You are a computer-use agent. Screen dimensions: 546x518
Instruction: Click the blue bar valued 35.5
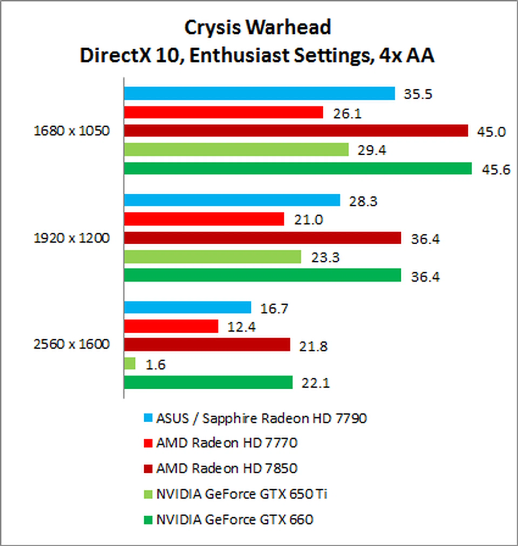coord(259,93)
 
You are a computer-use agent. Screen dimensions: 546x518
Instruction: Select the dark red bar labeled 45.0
coord(296,131)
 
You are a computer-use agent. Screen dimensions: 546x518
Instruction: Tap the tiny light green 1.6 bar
coord(130,363)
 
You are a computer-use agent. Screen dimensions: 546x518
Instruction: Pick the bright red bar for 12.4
coord(171,326)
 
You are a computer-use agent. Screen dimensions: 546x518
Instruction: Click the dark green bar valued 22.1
coord(208,382)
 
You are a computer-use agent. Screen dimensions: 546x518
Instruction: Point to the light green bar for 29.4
coord(236,150)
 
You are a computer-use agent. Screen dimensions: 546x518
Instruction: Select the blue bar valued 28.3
coord(232,200)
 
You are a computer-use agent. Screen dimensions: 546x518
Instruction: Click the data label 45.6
coord(496,170)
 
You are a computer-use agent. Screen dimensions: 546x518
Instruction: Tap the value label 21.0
coord(308,220)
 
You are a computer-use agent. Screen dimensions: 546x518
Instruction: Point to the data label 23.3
coord(325,258)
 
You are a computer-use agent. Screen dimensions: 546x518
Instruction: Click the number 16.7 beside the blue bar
coord(274,308)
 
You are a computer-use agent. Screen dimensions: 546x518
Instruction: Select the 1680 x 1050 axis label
coord(71,131)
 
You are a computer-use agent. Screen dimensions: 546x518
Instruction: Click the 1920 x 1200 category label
coord(71,238)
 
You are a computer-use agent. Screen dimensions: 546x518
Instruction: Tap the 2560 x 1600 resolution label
coord(71,345)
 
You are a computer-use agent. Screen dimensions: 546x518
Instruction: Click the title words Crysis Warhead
coord(258,28)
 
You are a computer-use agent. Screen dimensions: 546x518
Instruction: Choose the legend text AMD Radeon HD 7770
coord(227,443)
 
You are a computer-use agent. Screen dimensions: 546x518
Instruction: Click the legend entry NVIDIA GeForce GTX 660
coord(235,520)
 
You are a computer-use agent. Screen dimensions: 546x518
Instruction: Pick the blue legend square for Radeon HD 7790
coord(148,418)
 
